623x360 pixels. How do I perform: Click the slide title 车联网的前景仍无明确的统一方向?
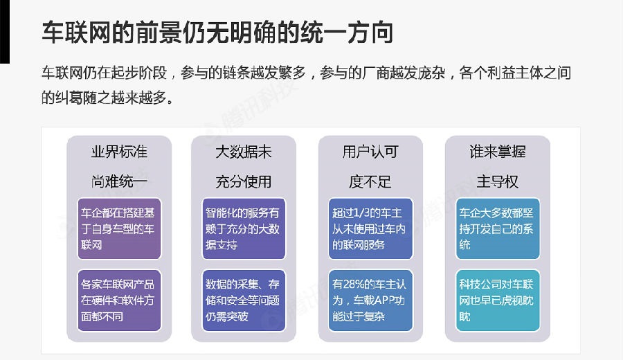point(217,33)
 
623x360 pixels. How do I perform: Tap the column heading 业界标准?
point(119,152)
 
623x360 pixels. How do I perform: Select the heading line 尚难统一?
point(119,181)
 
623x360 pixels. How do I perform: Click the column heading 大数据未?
point(242,152)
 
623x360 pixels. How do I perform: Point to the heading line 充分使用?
point(242,181)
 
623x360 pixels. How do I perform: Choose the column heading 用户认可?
point(370,152)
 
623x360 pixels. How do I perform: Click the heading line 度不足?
point(370,181)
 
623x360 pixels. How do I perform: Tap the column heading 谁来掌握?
point(497,152)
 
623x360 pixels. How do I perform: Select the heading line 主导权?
point(497,181)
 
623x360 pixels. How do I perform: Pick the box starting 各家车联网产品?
point(119,300)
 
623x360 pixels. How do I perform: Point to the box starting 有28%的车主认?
point(370,300)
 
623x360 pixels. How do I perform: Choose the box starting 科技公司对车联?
point(497,300)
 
